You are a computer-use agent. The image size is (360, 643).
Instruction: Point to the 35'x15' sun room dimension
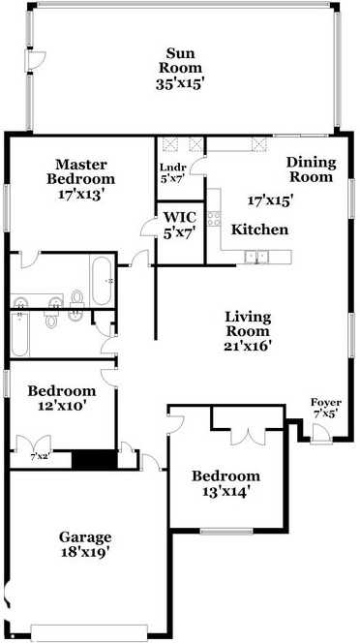pos(182,83)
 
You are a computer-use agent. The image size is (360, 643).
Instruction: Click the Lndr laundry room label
pos(172,167)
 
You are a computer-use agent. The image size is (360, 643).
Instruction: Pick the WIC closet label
pos(180,217)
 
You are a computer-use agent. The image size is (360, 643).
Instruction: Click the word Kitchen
pos(259,230)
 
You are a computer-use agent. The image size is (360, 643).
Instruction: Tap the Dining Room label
pos(310,169)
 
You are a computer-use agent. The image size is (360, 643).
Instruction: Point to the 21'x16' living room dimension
pos(248,345)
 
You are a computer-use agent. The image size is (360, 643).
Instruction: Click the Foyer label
pos(324,402)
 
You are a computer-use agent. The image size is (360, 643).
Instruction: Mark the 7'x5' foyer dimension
pos(324,413)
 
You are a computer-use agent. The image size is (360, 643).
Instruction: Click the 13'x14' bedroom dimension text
pos(225,491)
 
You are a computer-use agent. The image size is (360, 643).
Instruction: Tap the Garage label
pos(85,536)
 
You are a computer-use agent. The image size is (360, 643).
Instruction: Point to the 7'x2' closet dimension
pos(40,455)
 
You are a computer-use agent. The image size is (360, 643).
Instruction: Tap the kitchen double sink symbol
pos(256,256)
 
